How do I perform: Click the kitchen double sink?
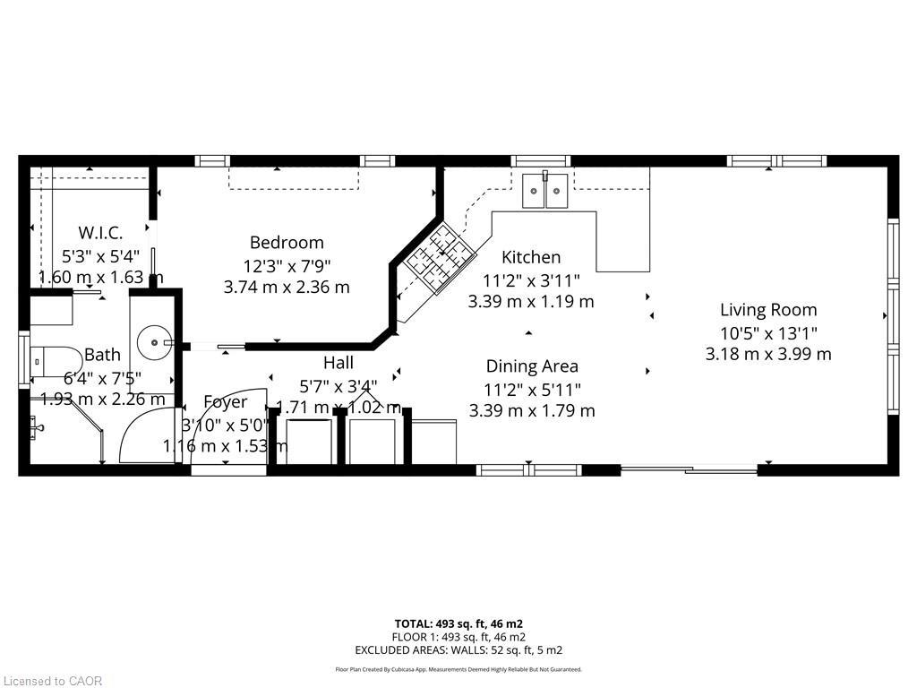545,190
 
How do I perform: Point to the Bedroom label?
287,242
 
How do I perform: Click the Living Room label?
768,310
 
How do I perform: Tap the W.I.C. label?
100,234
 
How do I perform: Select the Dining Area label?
532,365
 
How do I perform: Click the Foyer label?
225,401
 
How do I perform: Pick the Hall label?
339,363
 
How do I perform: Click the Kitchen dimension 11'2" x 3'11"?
531,279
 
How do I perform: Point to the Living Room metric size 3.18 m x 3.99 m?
768,354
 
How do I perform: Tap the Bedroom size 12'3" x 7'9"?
287,265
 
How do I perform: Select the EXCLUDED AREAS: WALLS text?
458,650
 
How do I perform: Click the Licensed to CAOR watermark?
52,681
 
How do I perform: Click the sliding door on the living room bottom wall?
690,469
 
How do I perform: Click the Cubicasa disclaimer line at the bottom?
458,669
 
